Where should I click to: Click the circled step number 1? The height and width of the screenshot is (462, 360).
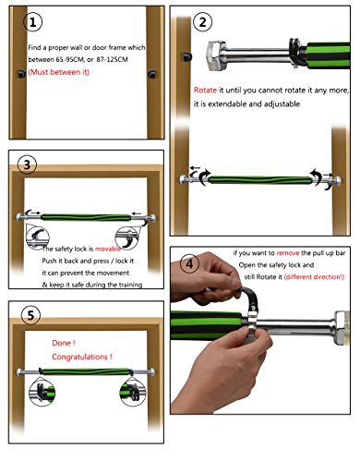pos(33,22)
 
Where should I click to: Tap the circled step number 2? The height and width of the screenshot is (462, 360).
pos(202,22)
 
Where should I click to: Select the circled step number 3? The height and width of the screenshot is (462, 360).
pos(27,164)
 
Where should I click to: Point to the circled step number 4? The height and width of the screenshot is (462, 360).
pos(189,263)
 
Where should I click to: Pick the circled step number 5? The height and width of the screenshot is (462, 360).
pos(30,315)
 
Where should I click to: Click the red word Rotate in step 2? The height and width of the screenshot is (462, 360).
pos(205,91)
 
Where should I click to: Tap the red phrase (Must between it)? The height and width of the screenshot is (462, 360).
pos(59,72)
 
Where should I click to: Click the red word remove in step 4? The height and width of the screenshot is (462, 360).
pos(288,253)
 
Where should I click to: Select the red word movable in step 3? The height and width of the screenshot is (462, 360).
pos(108,249)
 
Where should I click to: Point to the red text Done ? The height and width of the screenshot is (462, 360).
pos(64,343)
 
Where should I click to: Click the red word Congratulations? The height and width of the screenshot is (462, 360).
pos(79,357)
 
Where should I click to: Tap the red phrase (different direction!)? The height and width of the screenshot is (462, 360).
pos(314,277)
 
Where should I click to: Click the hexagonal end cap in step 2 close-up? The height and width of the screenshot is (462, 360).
pos(215,55)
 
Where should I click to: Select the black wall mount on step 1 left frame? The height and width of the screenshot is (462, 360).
pos(21,74)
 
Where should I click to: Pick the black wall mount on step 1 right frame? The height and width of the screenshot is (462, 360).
pos(152,74)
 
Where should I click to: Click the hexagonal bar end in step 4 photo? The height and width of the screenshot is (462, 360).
pos(340,328)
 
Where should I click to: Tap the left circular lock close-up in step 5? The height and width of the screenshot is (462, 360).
pos(42,392)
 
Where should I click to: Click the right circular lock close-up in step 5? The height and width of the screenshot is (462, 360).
pos(133,392)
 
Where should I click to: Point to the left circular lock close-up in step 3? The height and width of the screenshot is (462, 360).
pos(38,237)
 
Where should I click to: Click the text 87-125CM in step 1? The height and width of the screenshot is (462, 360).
pos(112,59)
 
